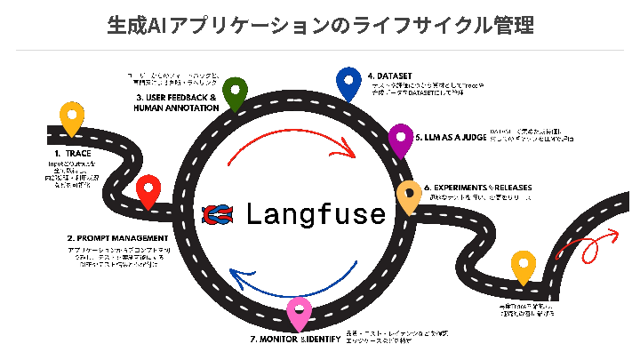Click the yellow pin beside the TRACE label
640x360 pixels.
71,120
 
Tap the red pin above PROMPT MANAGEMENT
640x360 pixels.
148,190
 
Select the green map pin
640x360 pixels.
235,92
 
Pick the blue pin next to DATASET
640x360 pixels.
348,83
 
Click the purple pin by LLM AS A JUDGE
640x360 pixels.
402,139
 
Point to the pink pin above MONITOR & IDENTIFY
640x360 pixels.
300,312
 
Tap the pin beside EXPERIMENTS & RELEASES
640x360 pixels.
409,196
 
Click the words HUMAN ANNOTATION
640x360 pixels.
176,108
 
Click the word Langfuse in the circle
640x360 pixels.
316,213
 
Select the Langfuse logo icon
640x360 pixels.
219,213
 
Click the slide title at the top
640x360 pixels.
320,24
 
